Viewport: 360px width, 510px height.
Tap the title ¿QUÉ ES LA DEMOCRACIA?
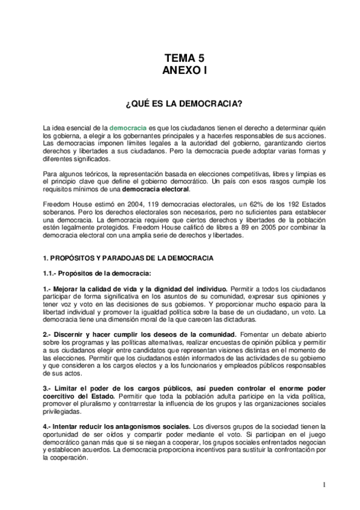click(x=184, y=104)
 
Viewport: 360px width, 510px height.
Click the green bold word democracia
click(x=127, y=129)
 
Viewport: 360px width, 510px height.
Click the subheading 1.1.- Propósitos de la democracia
click(x=88, y=273)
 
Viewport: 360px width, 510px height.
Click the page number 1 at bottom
click(x=324, y=485)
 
